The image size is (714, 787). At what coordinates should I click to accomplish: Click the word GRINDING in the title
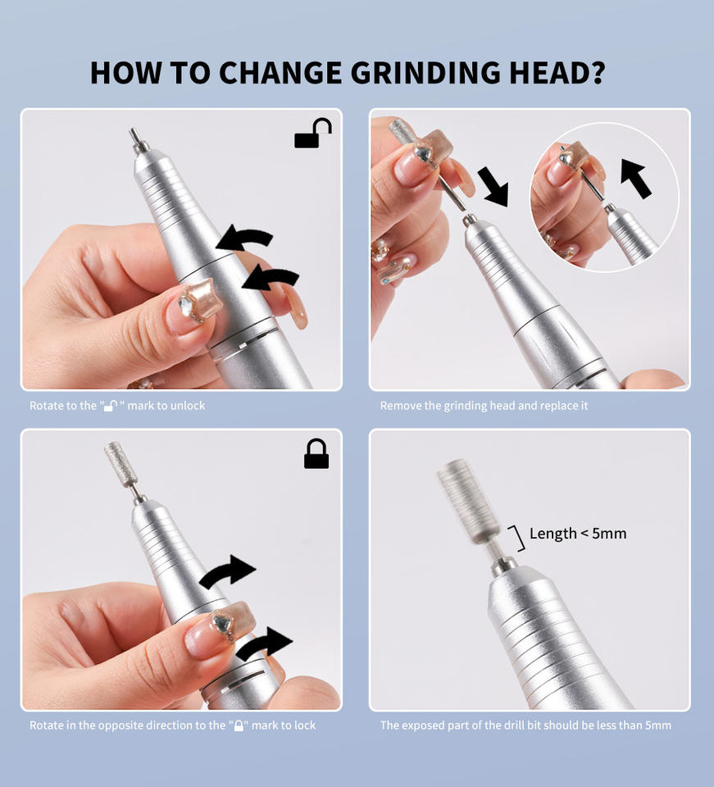click(425, 73)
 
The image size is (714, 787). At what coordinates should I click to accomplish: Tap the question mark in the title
click(597, 73)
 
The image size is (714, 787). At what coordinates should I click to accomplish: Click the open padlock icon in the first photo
click(313, 133)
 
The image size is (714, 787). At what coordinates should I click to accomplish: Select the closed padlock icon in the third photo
click(316, 453)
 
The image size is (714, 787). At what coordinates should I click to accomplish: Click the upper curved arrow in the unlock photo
click(245, 239)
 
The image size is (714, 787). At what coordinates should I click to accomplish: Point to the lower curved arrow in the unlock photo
click(271, 279)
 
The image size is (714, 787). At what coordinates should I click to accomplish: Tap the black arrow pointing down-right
click(493, 187)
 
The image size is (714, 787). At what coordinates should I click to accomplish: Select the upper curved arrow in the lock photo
click(228, 571)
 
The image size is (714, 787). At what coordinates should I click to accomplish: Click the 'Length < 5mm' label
click(578, 533)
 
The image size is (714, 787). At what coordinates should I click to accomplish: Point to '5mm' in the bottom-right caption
click(657, 726)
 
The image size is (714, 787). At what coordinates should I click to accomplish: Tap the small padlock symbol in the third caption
click(239, 726)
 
